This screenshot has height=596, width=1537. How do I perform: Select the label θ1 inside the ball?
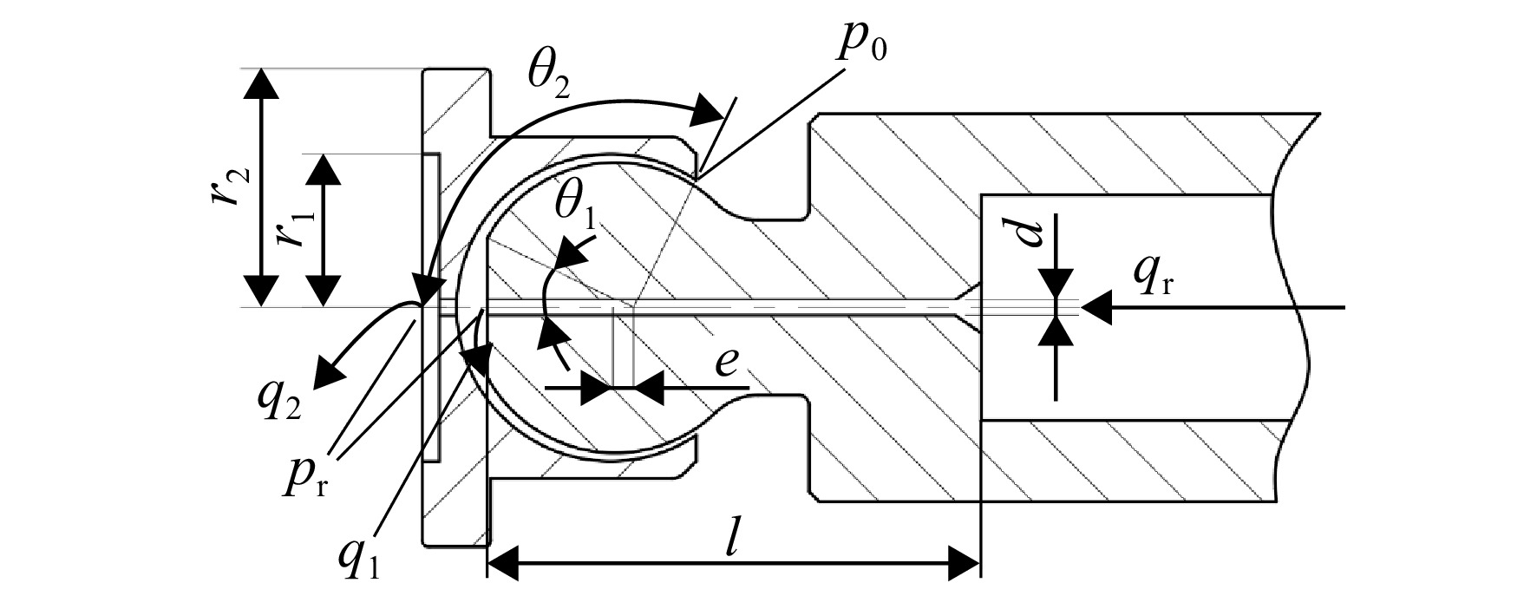click(x=577, y=210)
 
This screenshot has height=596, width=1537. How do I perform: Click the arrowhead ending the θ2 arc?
click(x=710, y=111)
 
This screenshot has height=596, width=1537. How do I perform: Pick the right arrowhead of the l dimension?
click(x=964, y=563)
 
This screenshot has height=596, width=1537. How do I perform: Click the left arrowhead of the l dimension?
click(x=504, y=563)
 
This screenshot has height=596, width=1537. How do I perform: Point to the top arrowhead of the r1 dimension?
click(x=324, y=170)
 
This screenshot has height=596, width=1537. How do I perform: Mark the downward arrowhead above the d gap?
click(x=1056, y=285)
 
